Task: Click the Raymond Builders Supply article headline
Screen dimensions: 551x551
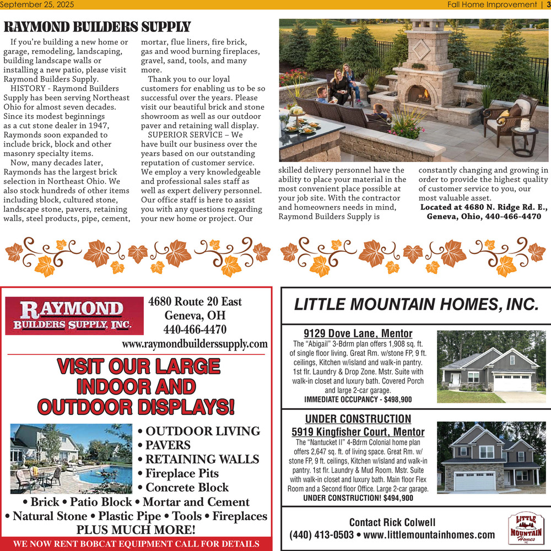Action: [97, 27]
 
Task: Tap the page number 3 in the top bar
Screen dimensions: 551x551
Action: [547, 4]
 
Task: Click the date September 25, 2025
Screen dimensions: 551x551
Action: [37, 4]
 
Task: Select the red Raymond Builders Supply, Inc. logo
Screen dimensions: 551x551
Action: [74, 316]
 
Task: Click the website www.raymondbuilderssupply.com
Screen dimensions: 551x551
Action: [195, 344]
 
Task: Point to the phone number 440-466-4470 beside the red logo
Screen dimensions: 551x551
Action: [195, 329]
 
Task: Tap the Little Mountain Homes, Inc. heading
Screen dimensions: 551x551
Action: [416, 304]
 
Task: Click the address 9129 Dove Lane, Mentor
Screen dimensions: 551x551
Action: [358, 333]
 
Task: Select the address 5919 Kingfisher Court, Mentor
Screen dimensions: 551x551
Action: [358, 432]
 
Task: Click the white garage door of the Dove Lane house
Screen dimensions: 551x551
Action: [512, 382]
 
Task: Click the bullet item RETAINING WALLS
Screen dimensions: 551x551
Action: [202, 459]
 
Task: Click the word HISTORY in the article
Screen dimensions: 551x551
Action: [28, 88]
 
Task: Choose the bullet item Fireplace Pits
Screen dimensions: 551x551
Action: [182, 473]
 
